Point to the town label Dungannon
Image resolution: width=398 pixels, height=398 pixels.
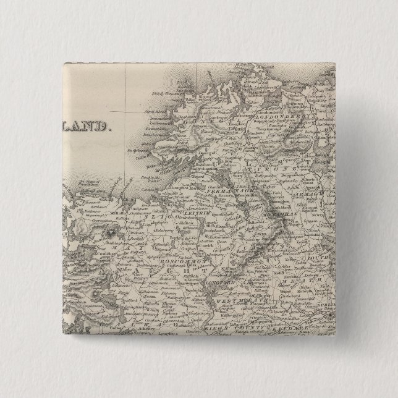pos(295,184)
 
